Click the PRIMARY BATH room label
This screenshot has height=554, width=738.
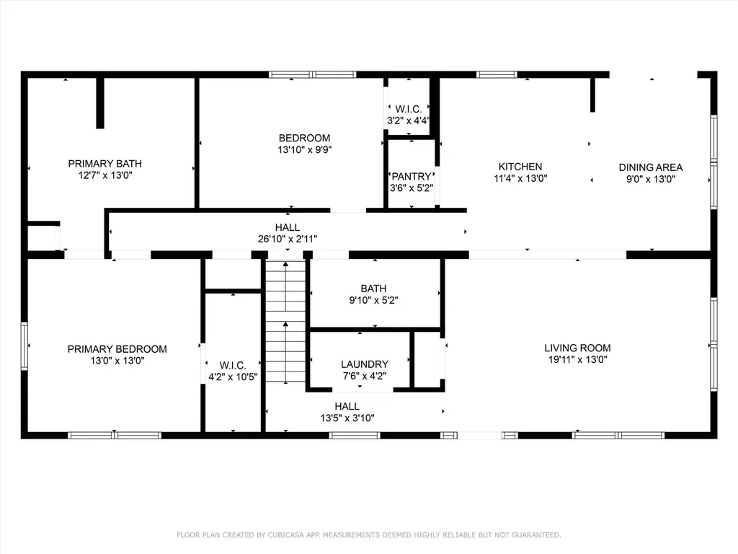point(105,164)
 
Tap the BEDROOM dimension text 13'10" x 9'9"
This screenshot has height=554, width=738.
point(305,150)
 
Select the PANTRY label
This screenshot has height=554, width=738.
point(412,176)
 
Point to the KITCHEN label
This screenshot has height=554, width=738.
point(520,167)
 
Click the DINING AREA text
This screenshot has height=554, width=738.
point(651,167)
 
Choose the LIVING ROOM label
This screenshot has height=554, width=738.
point(577,348)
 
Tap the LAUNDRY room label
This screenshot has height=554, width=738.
point(365,364)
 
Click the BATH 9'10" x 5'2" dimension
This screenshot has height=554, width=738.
point(374,300)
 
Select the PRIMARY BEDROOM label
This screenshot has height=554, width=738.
point(117,349)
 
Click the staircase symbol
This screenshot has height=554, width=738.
point(285,321)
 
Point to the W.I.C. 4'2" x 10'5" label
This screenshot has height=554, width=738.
point(233,371)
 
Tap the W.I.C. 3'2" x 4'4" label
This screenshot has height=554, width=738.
point(408,115)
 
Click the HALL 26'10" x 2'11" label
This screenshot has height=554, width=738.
point(287,233)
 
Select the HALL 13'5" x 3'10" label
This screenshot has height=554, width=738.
point(347,412)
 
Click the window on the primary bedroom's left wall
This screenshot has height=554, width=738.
point(24,346)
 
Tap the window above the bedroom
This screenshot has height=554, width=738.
point(313,74)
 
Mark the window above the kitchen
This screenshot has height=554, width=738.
point(497,74)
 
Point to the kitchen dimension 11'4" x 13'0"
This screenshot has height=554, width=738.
point(520,179)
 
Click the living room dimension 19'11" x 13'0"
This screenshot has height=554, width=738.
point(577,359)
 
